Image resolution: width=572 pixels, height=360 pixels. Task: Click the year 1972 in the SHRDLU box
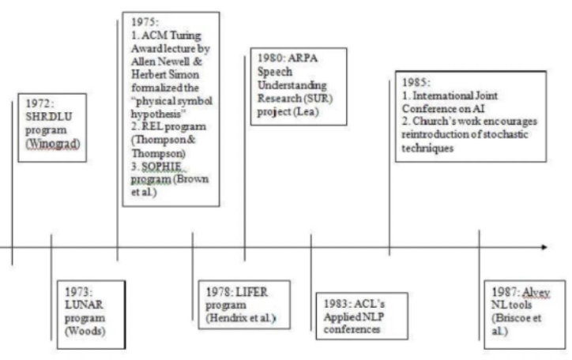tap(38, 103)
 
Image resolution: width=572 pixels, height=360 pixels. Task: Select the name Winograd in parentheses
tap(47, 144)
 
